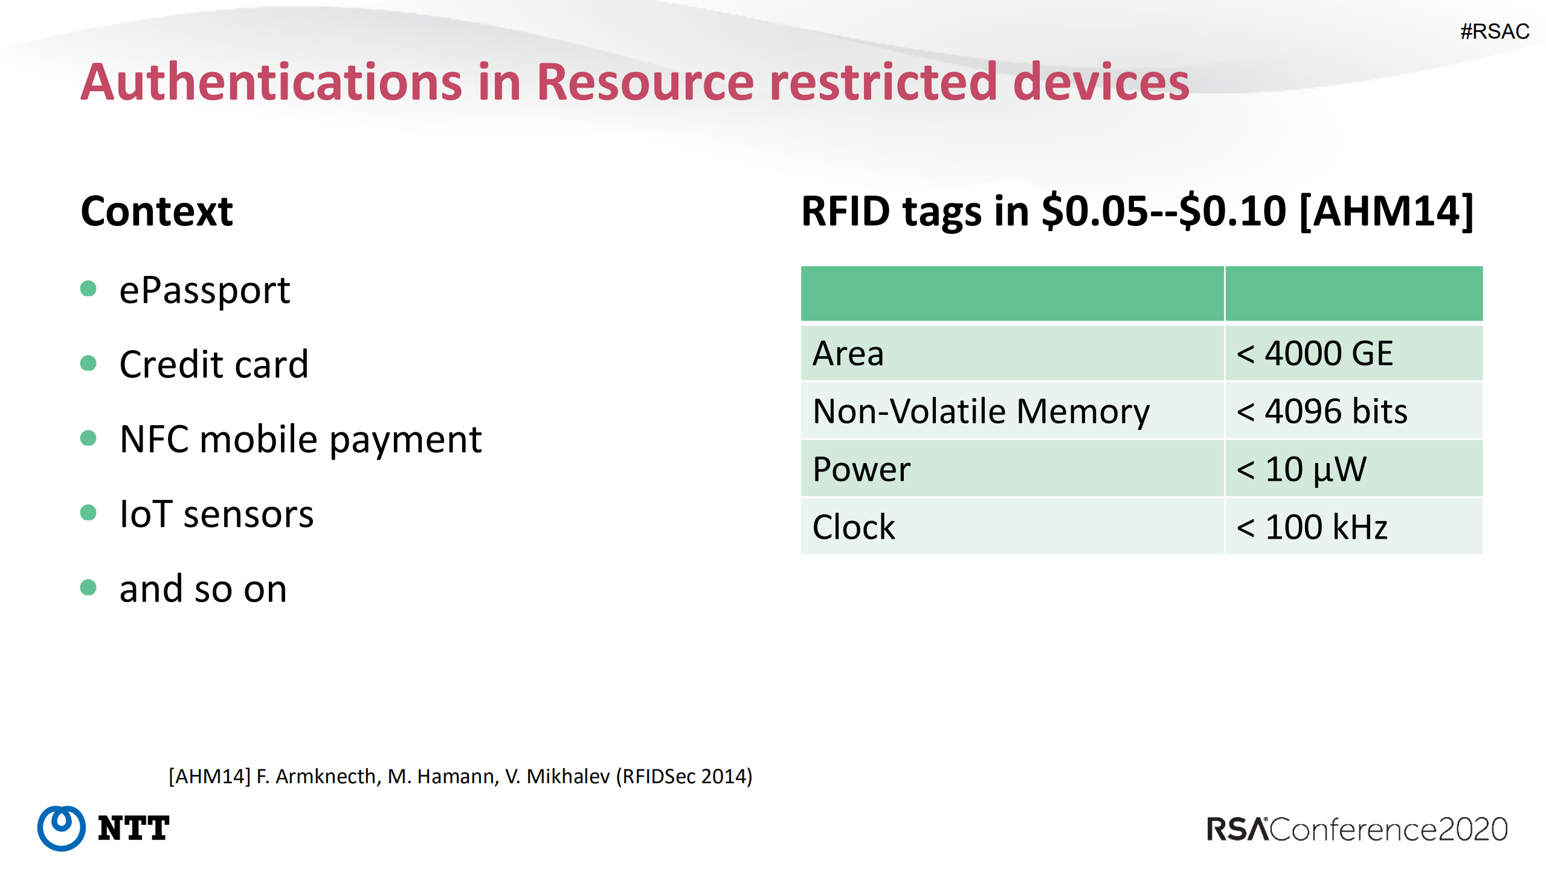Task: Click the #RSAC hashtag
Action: point(1494,31)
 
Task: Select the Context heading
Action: point(156,211)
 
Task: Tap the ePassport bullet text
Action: point(205,291)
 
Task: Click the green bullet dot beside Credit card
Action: point(88,363)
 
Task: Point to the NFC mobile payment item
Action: point(300,440)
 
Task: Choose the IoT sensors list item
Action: point(216,514)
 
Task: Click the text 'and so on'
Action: point(203,589)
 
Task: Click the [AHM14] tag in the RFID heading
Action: point(1387,211)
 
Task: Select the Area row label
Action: point(848,353)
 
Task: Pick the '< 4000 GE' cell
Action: point(1315,353)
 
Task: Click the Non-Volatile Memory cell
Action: point(981,412)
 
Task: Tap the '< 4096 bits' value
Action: point(1322,411)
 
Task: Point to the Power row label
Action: point(862,469)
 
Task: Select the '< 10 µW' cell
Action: point(1301,470)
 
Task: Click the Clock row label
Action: point(853,527)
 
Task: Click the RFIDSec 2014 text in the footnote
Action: point(684,776)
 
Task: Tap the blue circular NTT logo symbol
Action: point(61,828)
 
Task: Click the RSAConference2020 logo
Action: point(1357,829)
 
